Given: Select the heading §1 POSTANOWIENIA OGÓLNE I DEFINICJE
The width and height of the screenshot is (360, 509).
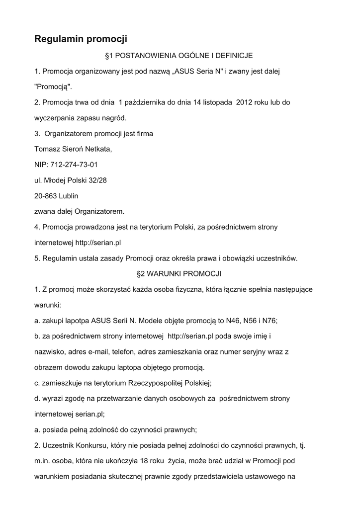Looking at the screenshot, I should (180, 56).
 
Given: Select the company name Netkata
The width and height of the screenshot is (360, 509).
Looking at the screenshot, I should (99, 149).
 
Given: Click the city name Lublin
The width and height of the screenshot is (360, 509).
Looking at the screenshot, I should (69, 195).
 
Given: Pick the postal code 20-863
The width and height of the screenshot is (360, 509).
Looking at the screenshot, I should (45, 195).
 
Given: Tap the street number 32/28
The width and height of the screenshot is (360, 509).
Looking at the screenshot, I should (96, 180).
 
